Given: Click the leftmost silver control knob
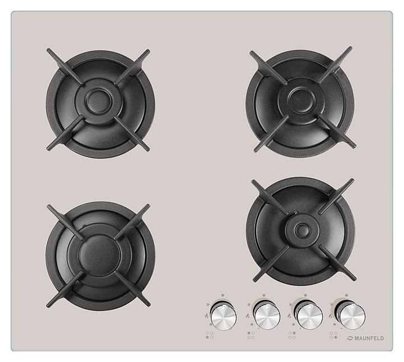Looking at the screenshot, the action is coord(223,317).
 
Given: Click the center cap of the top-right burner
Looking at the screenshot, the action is coord(301,99).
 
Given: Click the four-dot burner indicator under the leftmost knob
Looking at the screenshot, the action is coord(209,335).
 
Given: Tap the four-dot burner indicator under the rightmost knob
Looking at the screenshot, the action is coord(333,335).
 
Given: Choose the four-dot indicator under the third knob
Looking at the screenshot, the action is coord(292,335).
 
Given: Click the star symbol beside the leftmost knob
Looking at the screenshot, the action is coord(208,305).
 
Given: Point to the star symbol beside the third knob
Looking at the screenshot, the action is coord(291,305).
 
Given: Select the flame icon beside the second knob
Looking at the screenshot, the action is coord(248,315).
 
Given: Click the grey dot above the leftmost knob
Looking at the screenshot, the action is coord(223,295).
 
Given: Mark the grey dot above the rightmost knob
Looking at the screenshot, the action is coord(347,295).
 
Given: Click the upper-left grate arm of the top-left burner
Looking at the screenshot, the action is coord(66,66).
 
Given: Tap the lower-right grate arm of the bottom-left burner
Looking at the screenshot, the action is coord(132,289).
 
